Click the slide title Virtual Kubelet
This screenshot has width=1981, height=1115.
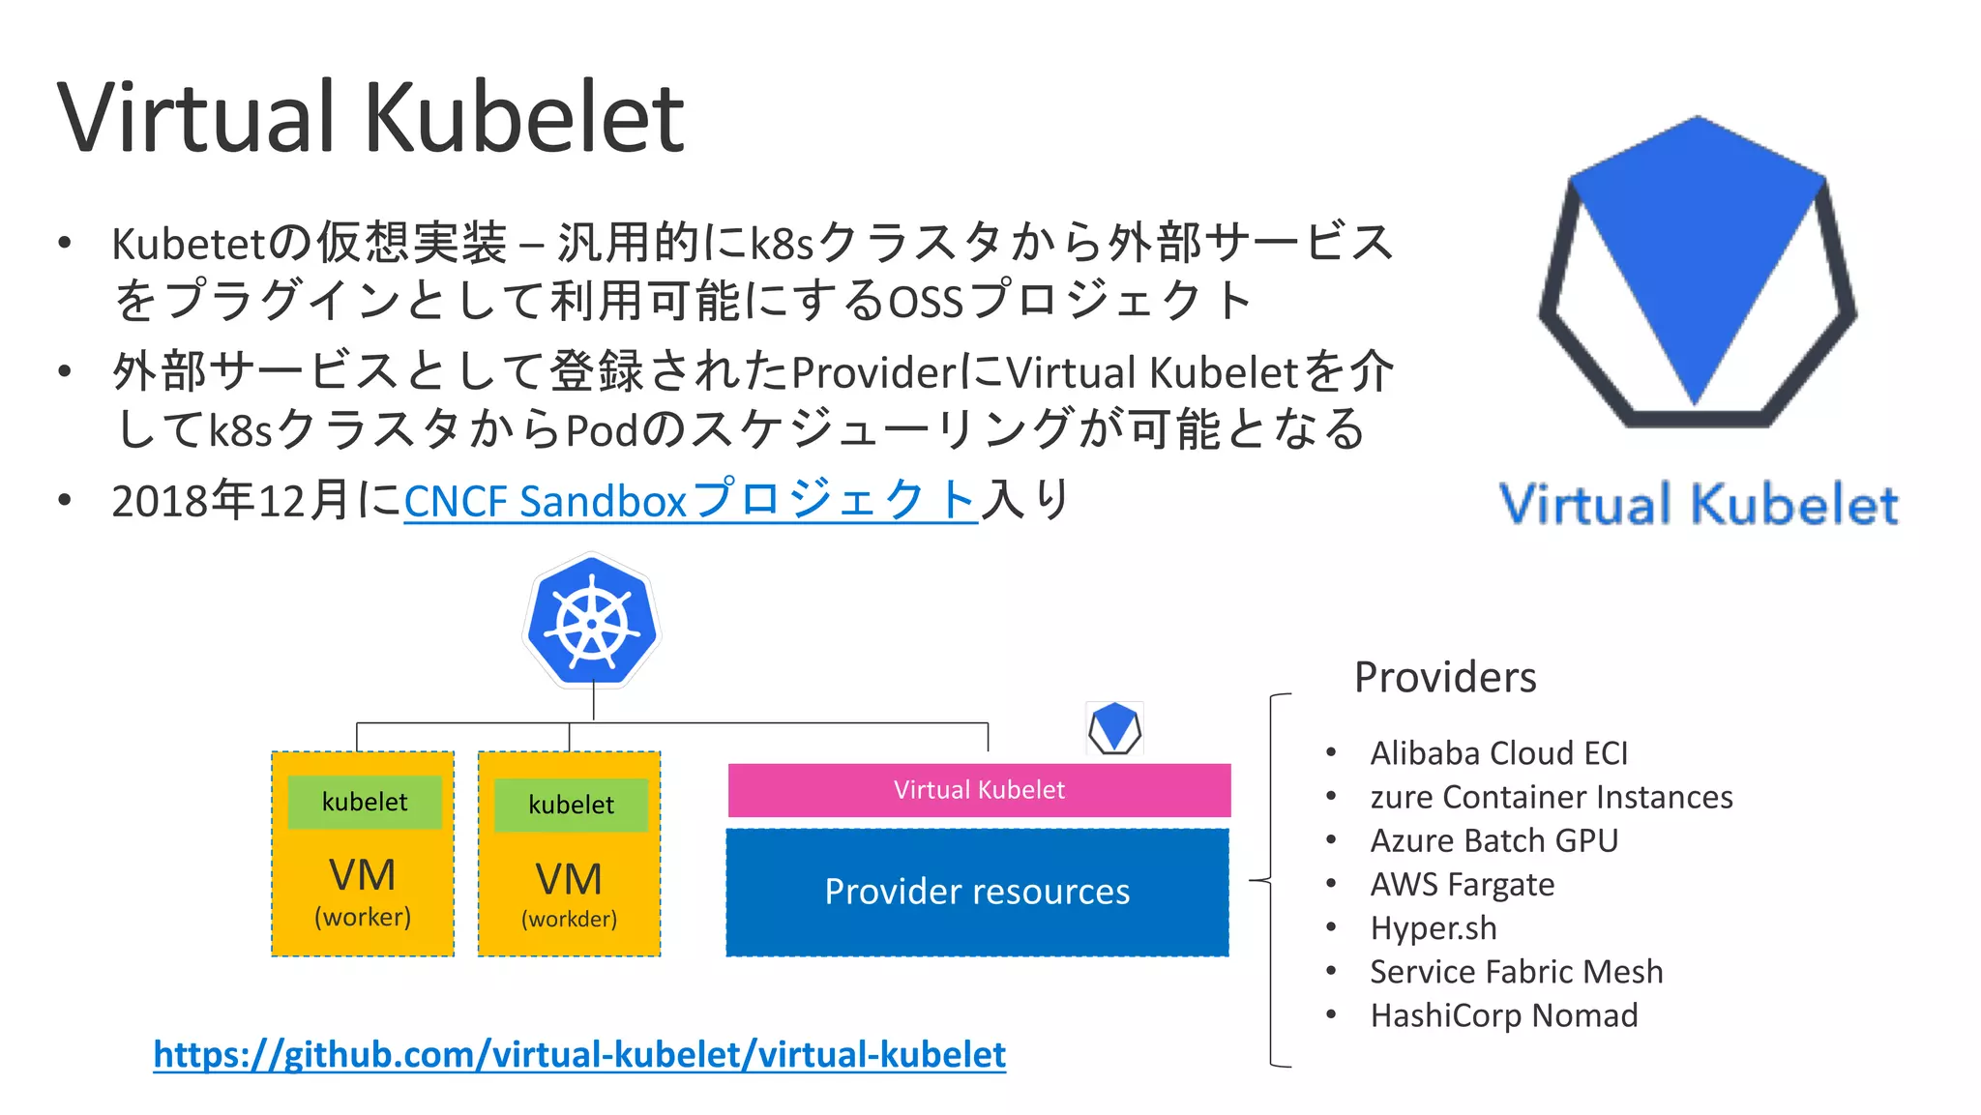(370, 118)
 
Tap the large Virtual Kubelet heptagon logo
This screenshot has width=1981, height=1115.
(1697, 273)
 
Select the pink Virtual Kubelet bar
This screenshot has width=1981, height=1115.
(979, 790)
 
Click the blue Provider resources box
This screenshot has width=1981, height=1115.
(977, 892)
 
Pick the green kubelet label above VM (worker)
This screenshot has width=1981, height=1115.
(365, 802)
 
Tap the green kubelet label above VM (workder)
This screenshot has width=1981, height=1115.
(571, 805)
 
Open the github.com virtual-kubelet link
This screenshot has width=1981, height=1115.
(579, 1054)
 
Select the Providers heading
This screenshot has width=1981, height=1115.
(1444, 677)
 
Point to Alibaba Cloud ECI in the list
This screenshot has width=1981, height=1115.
(1498, 752)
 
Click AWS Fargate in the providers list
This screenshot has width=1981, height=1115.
(1462, 884)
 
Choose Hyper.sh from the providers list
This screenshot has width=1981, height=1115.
(1433, 927)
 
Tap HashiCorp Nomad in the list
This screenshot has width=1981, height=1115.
(1503, 1015)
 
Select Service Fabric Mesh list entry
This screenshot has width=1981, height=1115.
(1516, 971)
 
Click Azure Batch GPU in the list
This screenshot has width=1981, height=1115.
(1493, 840)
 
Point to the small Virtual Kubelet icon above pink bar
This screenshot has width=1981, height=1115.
(1114, 727)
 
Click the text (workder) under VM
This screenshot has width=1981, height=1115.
(569, 919)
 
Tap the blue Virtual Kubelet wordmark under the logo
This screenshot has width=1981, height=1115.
(1699, 505)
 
